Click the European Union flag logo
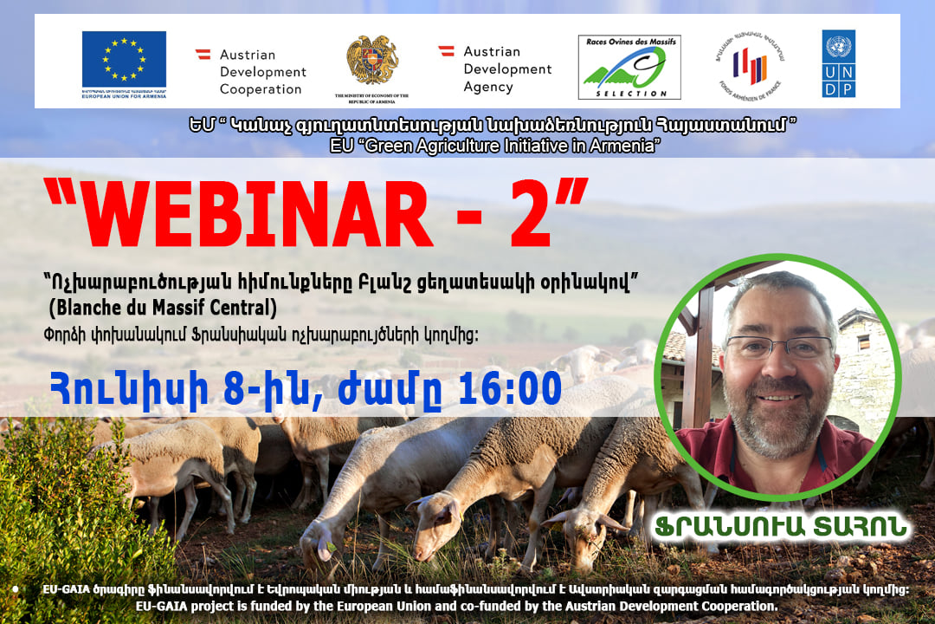[124, 60]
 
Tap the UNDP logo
[838, 64]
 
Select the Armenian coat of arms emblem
[371, 61]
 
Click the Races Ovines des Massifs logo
[629, 67]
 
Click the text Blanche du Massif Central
[164, 307]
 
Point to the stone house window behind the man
[863, 341]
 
